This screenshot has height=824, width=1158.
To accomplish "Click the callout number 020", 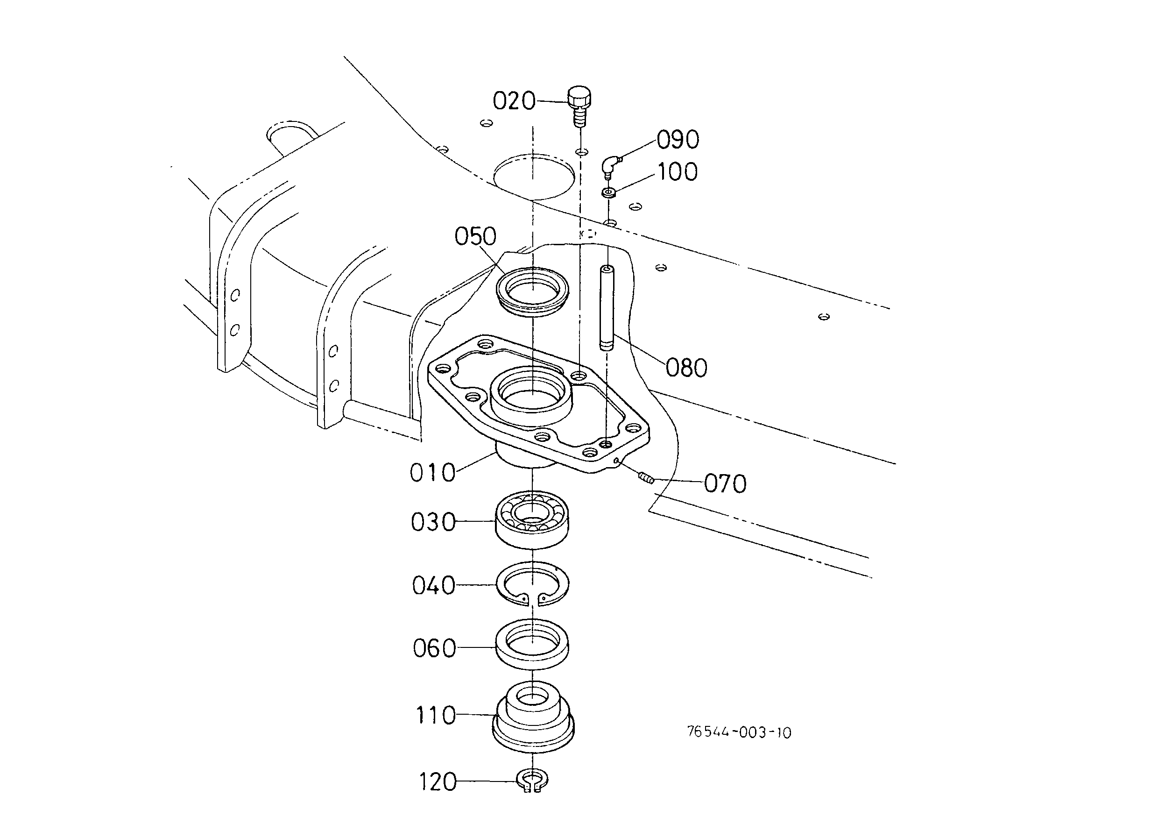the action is [x=514, y=101].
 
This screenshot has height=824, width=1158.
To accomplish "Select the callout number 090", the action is [x=678, y=140].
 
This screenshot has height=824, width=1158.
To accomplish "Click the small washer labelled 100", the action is [x=608, y=192].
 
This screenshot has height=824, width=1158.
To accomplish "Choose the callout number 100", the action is [x=678, y=172].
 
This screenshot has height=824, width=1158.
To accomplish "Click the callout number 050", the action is [x=475, y=236].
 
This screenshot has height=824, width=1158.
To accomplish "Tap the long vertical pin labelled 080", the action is [x=607, y=307].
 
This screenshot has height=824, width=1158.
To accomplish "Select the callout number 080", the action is [x=686, y=368].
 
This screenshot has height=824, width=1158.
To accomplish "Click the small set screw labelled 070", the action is [x=646, y=477].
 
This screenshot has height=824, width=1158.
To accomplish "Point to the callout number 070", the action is [x=725, y=483].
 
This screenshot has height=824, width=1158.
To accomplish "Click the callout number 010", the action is [x=433, y=473].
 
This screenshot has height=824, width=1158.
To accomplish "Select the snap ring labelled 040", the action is [x=532, y=584].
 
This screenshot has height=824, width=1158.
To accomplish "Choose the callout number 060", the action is [x=435, y=648].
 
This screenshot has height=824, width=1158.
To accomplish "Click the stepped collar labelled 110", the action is [x=533, y=717].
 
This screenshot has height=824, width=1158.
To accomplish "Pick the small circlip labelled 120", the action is [x=532, y=780].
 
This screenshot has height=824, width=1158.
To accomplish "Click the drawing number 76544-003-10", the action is [x=739, y=732].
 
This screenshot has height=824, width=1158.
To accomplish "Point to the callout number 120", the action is [x=438, y=782].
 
